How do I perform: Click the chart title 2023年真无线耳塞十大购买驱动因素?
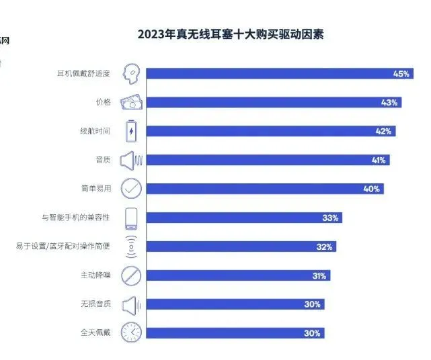(231, 34)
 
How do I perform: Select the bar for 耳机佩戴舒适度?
(269, 74)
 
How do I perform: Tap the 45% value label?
(401, 74)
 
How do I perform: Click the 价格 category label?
(103, 103)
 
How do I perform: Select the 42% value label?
(383, 132)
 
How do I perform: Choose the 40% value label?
(372, 189)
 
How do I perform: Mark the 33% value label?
(331, 218)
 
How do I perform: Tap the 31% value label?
(319, 275)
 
